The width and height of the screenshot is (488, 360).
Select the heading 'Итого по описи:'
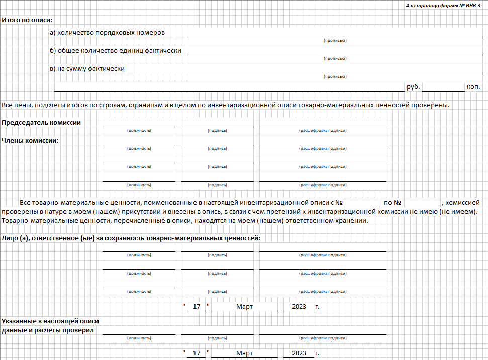tap(27, 21)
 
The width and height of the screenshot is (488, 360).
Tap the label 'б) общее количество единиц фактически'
tap(116, 51)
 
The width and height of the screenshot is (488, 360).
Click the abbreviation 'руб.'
tap(413, 87)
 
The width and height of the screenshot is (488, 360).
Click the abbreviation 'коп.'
tap(473, 87)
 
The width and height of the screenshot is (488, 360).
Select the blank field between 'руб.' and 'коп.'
tap(443, 87)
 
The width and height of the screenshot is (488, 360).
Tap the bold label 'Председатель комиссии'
tap(41, 123)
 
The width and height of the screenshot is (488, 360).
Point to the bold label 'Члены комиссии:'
tap(30, 141)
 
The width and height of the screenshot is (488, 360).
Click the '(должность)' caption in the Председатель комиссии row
tap(139, 131)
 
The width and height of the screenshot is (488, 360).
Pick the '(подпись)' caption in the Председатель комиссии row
tap(217, 131)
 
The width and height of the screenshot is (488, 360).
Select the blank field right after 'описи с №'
tap(362, 203)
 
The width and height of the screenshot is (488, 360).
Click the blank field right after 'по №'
tap(422, 203)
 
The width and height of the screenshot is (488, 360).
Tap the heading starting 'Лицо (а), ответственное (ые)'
tap(131, 238)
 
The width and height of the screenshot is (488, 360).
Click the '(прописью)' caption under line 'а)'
tap(335, 40)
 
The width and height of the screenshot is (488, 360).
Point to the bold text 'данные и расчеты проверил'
tap(48, 330)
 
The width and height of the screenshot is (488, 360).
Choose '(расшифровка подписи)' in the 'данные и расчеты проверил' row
tap(323, 338)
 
